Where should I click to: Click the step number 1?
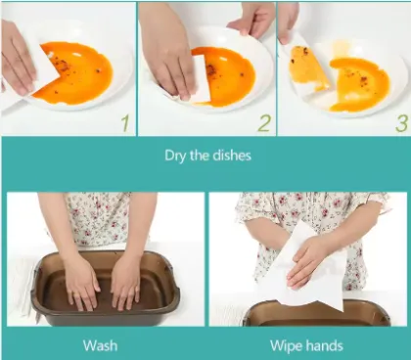tap(122, 123)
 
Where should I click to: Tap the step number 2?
tap(262, 123)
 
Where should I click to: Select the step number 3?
tap(400, 124)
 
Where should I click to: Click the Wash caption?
tap(101, 345)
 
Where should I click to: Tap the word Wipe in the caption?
tap(287, 345)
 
